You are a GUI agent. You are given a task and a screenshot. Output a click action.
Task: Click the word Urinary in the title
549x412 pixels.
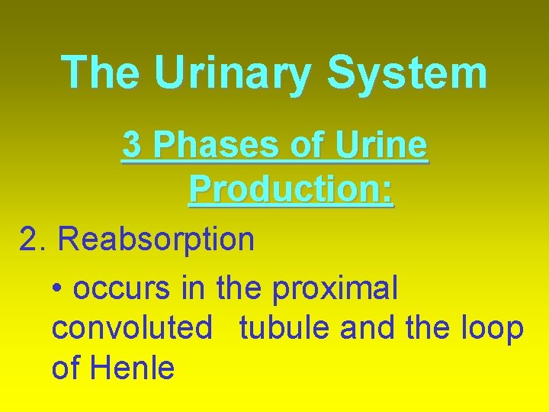click(x=233, y=74)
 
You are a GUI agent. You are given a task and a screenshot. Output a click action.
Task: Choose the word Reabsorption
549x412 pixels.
click(x=156, y=240)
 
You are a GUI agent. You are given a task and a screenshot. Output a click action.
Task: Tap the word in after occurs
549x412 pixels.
click(x=194, y=288)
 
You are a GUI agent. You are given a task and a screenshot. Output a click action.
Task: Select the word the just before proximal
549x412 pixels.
click(x=239, y=288)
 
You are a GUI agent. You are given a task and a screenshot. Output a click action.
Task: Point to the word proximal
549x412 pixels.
click(x=335, y=289)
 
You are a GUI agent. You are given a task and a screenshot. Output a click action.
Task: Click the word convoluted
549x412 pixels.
click(x=131, y=329)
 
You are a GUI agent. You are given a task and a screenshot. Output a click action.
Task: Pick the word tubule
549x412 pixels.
click(x=285, y=329)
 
